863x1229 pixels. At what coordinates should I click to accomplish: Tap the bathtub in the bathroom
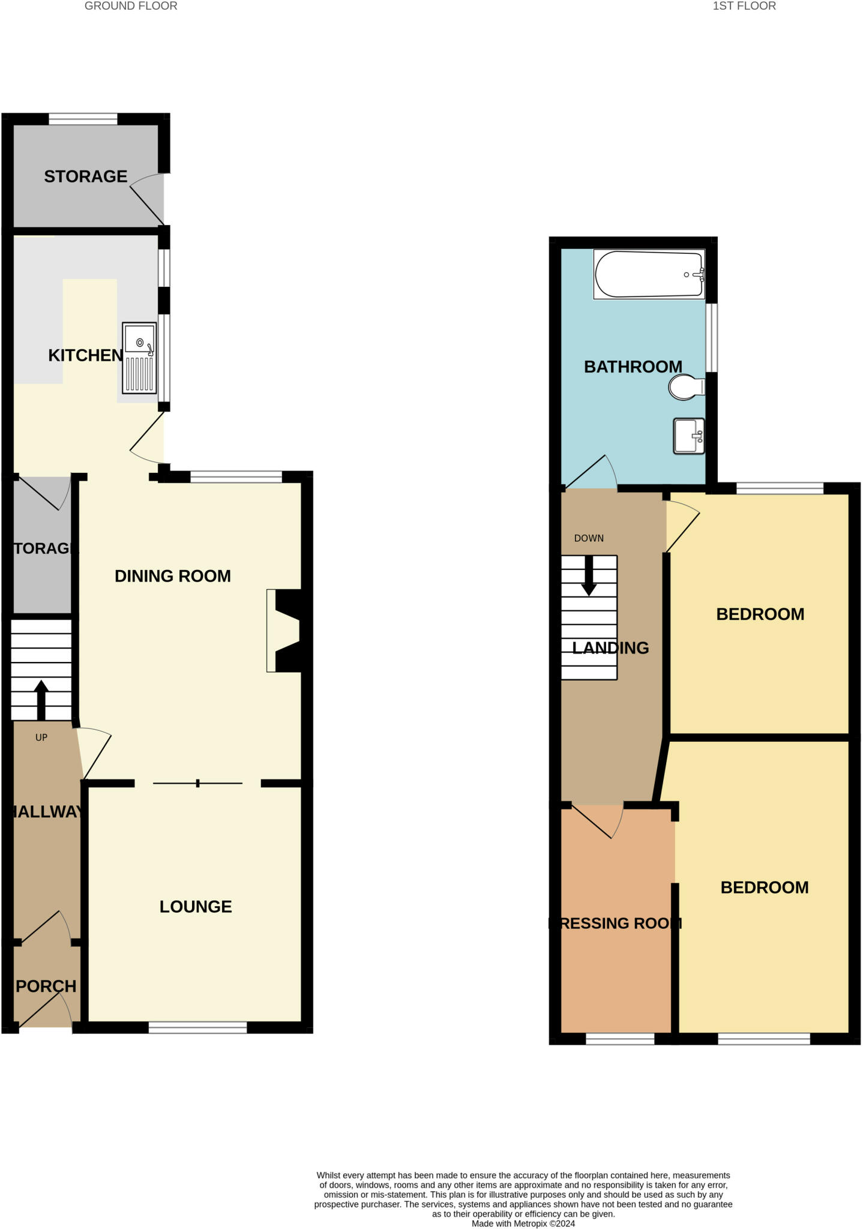[649, 274]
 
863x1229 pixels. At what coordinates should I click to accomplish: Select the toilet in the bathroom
[685, 387]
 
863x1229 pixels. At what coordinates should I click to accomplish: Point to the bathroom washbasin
[688, 436]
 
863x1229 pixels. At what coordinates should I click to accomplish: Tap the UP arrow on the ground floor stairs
[41, 699]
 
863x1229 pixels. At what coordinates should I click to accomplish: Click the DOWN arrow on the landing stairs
[589, 575]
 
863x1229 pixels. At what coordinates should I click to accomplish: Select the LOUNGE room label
[196, 906]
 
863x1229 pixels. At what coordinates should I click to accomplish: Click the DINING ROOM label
[173, 576]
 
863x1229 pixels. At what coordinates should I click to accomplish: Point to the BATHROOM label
[633, 367]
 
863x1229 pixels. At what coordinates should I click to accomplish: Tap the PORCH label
[46, 986]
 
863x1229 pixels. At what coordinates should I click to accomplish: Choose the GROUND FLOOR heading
[131, 6]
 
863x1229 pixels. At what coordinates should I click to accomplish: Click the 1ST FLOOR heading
[744, 6]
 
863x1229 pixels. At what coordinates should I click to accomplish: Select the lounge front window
[197, 1027]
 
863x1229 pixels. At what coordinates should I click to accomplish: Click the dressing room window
[620, 1039]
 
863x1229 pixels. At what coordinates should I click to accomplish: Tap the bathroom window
[711, 337]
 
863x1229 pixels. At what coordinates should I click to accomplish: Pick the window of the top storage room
[83, 119]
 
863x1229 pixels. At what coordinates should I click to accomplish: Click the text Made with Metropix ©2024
[523, 1223]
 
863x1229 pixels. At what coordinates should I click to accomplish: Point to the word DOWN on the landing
[589, 538]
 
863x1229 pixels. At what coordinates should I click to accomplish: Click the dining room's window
[236, 477]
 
